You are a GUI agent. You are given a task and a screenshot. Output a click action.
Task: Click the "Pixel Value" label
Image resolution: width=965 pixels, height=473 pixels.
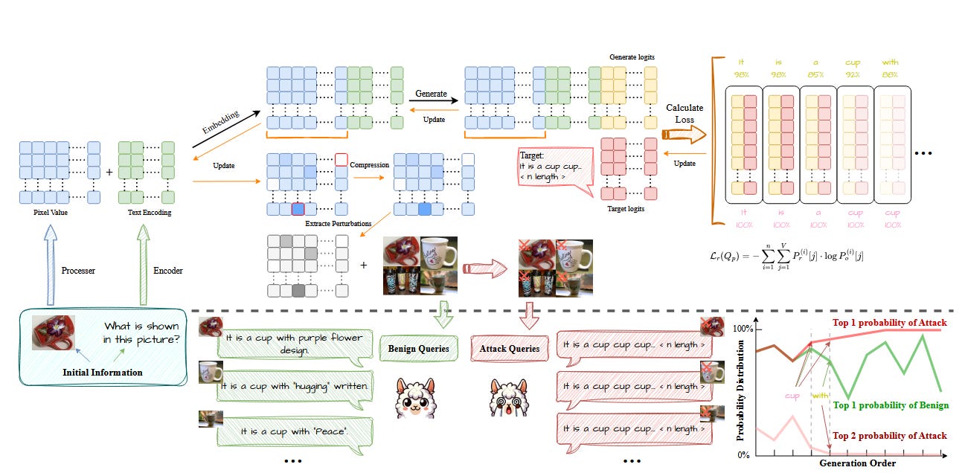pos(51,213)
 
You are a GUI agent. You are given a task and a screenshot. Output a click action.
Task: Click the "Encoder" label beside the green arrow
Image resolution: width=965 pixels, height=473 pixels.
pos(169,271)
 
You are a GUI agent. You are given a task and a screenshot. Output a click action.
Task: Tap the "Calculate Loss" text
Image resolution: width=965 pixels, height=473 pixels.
pos(685,114)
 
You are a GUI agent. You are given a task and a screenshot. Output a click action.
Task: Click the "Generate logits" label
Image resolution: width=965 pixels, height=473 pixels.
pos(632,57)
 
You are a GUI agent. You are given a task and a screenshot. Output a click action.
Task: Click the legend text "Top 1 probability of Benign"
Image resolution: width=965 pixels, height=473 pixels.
pos(891,405)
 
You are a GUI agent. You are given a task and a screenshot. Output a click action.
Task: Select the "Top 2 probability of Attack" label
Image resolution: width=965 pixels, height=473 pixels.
pos(891,436)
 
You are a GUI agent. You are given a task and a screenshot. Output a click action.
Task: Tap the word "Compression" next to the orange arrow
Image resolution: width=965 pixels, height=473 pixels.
pos(370,164)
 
